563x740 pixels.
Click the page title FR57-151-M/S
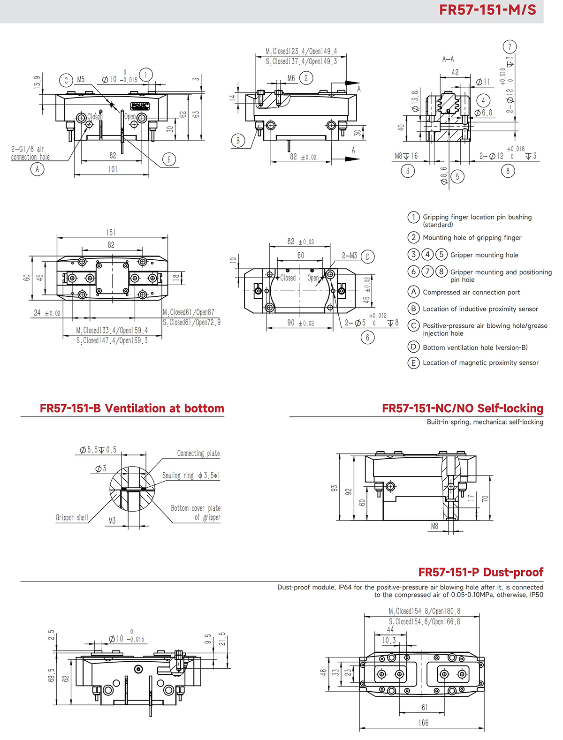click(x=487, y=10)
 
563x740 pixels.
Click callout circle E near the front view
click(x=169, y=159)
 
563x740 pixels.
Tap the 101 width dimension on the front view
click(x=113, y=169)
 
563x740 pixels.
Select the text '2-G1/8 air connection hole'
click(x=30, y=153)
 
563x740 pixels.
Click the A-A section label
click(x=448, y=59)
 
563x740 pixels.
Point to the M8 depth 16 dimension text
click(x=406, y=156)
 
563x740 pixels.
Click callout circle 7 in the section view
click(x=510, y=46)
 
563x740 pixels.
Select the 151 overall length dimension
click(x=111, y=233)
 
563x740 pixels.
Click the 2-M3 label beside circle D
click(x=349, y=256)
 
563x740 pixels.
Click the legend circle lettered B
click(x=413, y=309)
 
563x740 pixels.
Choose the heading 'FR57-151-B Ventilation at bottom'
click(x=132, y=408)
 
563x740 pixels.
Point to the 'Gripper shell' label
click(x=72, y=517)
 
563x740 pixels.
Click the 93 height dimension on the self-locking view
click(x=334, y=488)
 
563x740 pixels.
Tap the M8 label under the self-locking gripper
click(x=434, y=526)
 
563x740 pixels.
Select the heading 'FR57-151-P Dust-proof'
click(x=480, y=572)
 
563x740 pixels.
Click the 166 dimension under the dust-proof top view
click(x=423, y=723)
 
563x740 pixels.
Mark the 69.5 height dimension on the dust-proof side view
click(x=51, y=675)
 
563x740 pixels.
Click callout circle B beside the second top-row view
click(x=238, y=140)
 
